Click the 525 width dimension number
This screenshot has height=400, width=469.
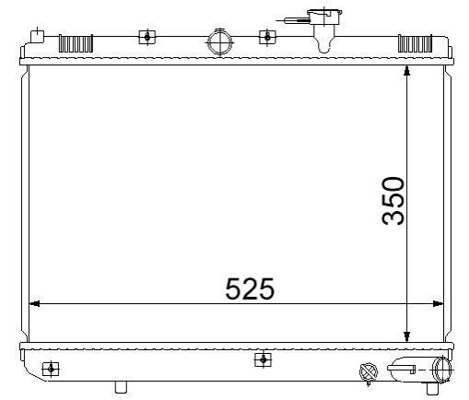250,288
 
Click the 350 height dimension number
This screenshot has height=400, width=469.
393,201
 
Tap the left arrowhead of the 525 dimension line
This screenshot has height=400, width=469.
34,304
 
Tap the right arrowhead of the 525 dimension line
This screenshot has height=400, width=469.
439,304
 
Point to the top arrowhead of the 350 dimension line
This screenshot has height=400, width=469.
407,70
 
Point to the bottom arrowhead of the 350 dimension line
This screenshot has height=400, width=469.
407,336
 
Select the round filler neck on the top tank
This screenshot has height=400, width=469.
220,41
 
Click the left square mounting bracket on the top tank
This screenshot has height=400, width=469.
147,37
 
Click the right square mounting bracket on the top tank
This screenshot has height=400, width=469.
267,37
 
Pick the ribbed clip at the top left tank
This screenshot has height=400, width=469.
76,43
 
